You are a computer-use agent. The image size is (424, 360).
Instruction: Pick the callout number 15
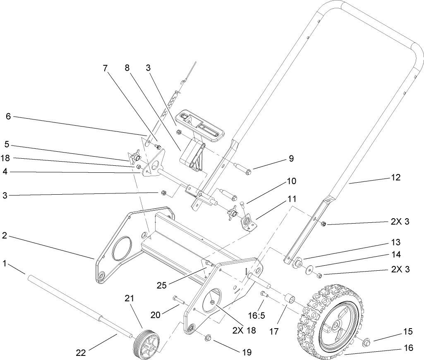click(x=408, y=331)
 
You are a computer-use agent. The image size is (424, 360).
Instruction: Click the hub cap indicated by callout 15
click(x=366, y=342)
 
